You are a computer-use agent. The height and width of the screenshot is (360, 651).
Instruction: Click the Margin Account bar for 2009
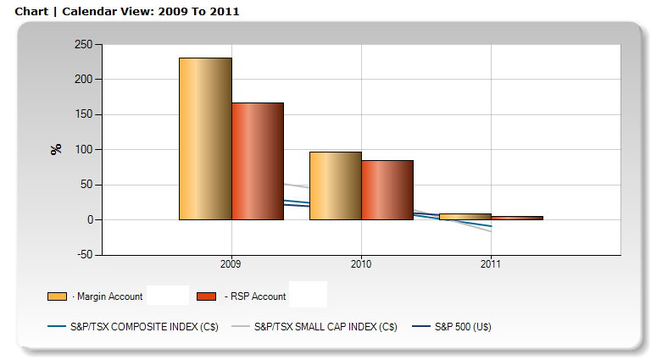click(205, 139)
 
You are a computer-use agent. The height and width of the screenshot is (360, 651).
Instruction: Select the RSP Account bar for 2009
click(258, 161)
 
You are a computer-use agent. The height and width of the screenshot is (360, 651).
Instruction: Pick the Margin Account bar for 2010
click(336, 186)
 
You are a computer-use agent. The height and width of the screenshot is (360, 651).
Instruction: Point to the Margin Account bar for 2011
click(465, 217)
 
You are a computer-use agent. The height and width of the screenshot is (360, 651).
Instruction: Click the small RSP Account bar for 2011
click(517, 218)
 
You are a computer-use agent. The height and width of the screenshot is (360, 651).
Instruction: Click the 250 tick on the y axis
click(84, 44)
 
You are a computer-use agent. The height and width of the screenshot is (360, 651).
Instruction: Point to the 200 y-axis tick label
click(84, 80)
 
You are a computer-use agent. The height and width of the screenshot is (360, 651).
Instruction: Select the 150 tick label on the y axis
click(84, 114)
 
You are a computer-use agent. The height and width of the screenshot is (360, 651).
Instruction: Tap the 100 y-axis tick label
click(84, 150)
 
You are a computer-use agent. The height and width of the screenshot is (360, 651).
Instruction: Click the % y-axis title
click(57, 149)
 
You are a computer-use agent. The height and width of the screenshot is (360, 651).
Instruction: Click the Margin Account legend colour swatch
click(58, 296)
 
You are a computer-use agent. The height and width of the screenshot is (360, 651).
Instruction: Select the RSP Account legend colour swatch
click(206, 296)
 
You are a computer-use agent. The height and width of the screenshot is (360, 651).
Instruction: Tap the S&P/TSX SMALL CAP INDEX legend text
click(325, 326)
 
